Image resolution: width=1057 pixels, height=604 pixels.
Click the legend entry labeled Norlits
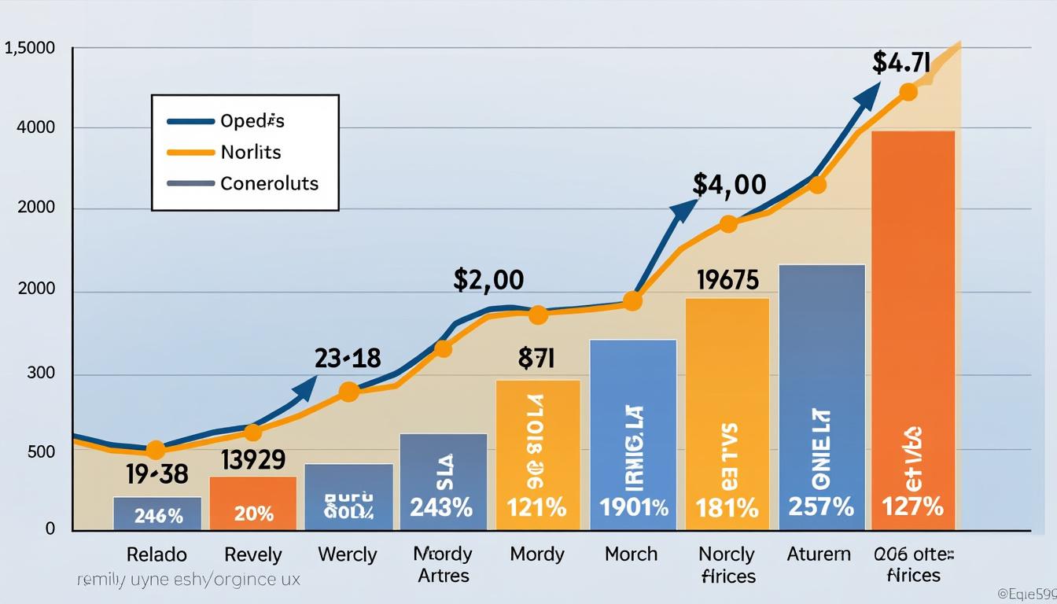[250, 152]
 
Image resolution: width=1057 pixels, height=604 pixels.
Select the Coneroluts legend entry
[269, 183]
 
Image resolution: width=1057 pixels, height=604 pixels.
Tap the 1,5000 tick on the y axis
[30, 49]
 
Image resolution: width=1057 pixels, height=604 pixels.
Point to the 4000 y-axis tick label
[35, 127]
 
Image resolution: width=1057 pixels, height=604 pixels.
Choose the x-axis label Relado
[156, 554]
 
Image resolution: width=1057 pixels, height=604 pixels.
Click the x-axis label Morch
[631, 554]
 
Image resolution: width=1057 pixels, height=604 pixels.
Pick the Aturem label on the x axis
[819, 554]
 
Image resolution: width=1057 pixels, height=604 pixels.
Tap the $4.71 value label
[902, 63]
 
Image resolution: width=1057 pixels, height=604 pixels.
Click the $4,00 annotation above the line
[729, 185]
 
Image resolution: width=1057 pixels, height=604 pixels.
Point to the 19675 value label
[727, 279]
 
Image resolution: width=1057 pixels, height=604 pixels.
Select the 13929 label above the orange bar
[252, 459]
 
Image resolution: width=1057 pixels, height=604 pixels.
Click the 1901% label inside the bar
[633, 507]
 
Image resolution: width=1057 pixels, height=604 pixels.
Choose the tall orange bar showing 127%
[913, 330]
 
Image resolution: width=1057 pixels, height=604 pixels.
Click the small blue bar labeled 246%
[157, 513]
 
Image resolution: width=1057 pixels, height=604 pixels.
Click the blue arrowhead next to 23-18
[305, 386]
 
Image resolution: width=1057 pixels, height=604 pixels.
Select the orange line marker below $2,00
[538, 315]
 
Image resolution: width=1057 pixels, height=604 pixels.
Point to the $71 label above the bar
[536, 359]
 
